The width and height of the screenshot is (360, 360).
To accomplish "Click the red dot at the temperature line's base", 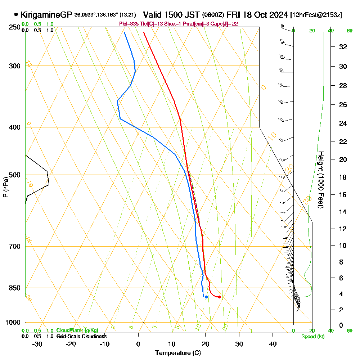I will point(220,297).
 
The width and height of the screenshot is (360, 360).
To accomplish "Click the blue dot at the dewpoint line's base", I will point(206,297).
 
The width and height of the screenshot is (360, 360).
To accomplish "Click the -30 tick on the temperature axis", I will point(37,344).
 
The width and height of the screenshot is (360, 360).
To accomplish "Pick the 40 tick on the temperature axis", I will point(273,344).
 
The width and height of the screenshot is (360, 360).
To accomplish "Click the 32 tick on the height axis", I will point(343,47).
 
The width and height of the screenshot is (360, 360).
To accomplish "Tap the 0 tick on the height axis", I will point(341,325).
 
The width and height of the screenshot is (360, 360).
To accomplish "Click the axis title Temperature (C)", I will point(178,353).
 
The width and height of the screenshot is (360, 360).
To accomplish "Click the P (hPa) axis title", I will point(5,187).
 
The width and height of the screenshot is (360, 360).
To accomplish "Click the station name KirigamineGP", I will point(46,15).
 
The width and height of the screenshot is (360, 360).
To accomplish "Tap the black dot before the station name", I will point(16,15).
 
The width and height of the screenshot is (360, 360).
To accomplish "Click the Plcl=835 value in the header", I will point(128,24).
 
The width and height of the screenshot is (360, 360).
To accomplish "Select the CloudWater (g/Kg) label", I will point(77,330).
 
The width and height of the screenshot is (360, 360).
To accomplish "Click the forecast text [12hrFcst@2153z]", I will point(316,15).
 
